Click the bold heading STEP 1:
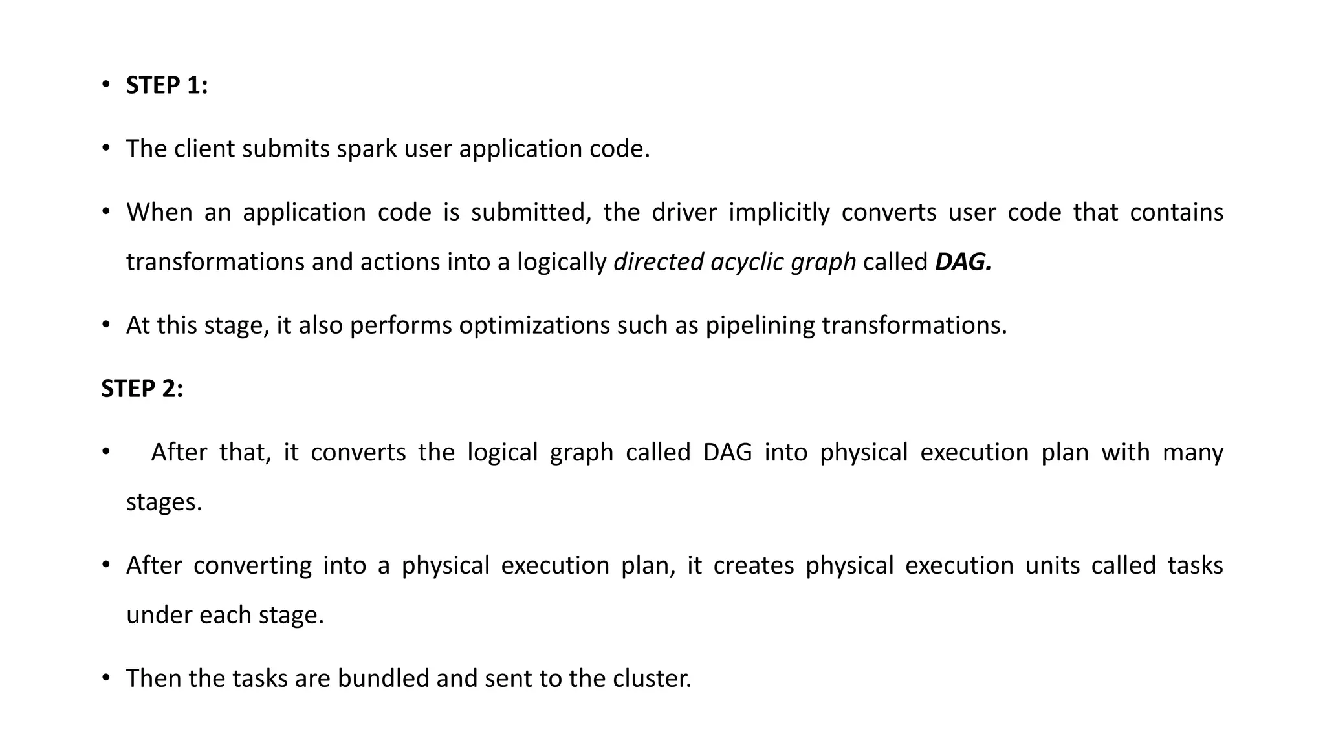click(x=166, y=85)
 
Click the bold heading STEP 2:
click(x=142, y=389)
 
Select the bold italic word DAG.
click(x=963, y=262)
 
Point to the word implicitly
click(x=779, y=212)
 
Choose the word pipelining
click(x=760, y=325)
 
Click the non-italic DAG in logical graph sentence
click(x=727, y=452)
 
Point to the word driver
click(x=684, y=212)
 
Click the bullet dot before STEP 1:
click(x=106, y=85)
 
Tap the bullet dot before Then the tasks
click(x=106, y=678)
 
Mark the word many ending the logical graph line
click(x=1192, y=452)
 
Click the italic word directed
click(x=658, y=262)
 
